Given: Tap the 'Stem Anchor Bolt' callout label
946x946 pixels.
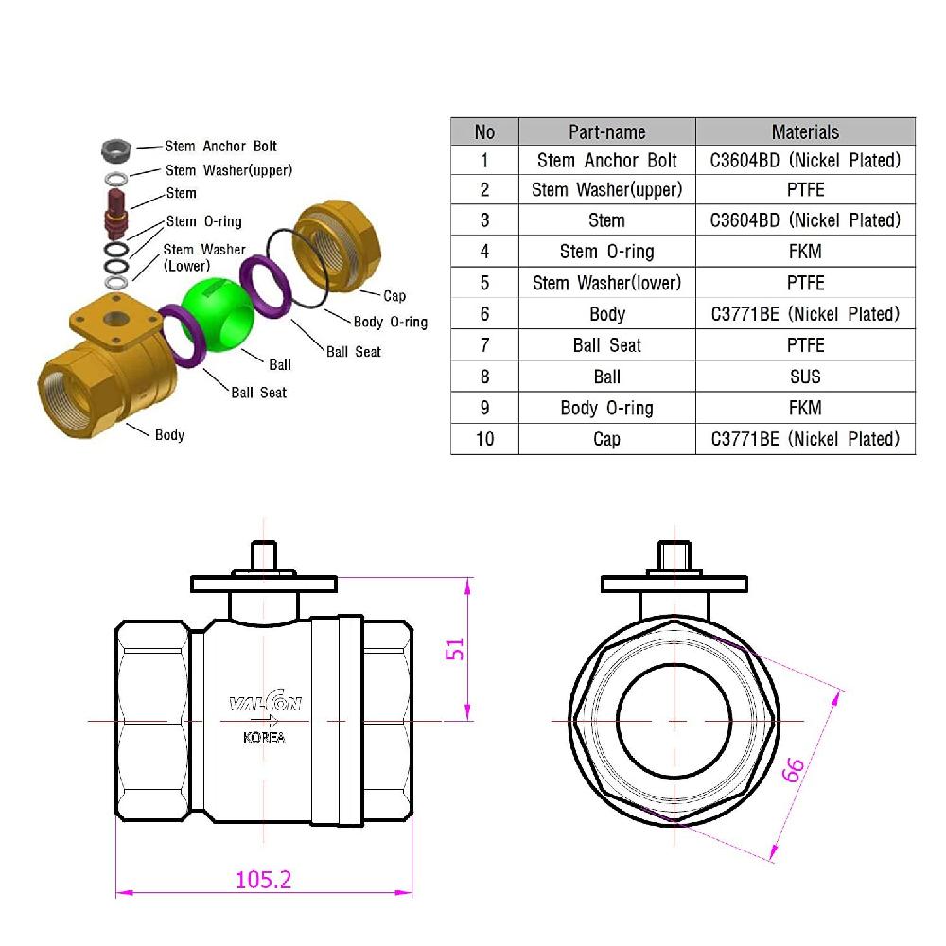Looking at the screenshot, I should pos(220,147).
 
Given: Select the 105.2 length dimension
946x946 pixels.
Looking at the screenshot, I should pos(263,879).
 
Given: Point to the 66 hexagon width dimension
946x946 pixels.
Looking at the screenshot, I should pos(793,771).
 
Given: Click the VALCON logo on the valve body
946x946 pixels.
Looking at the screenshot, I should pos(265,703).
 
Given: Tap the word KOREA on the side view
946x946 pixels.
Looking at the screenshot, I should pos(264,738).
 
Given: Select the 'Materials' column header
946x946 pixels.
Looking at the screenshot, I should pos(805,131).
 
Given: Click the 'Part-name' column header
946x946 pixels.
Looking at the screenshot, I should pos(606,131).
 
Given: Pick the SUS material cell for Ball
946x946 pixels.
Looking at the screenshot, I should pos(805,377).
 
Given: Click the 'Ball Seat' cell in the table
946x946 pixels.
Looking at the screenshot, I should pos(606,345).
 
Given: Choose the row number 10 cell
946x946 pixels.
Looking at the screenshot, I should pos(484,439).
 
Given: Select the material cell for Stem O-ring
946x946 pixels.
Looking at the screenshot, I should pos(805,252).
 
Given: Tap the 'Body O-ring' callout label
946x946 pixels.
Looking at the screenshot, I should pos(390,323).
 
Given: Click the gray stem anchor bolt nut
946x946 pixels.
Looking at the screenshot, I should pos(115,149).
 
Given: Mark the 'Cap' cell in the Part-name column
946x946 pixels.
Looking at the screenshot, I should pos(606,439).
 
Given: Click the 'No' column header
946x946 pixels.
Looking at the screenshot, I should pos(484,131).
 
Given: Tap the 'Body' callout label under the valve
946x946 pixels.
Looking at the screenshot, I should pos(169,435).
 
